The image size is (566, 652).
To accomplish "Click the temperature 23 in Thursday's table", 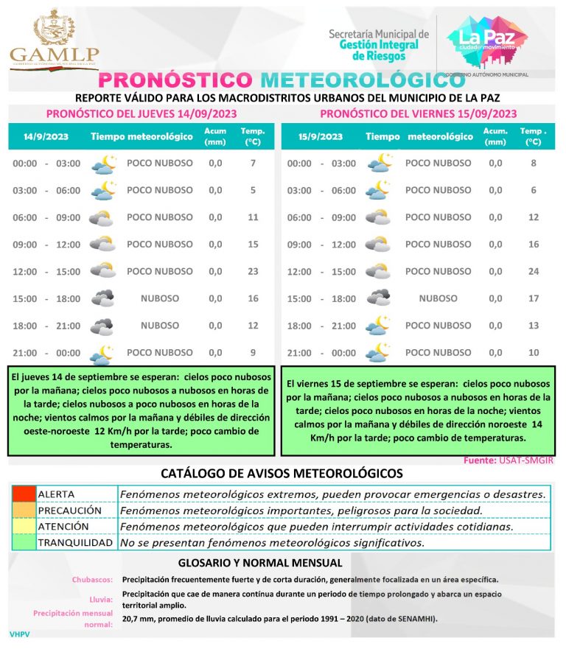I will point(253,271).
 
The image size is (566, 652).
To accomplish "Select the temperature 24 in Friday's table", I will point(534,271).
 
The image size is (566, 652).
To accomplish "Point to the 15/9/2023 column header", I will point(321,136).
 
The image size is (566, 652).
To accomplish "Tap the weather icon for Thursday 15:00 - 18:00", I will point(102,298).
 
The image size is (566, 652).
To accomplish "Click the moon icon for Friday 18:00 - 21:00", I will point(378,325).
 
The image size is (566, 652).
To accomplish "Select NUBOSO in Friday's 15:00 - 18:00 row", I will point(438,298).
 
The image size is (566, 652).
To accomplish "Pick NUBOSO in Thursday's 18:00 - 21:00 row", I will point(160,325).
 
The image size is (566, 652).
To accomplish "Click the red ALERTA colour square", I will point(23,494).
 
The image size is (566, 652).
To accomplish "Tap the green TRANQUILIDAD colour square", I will point(23,543).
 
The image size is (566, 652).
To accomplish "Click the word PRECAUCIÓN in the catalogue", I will point(69,510).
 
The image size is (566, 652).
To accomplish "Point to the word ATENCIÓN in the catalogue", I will point(63,527).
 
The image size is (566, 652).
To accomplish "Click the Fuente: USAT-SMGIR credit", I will point(509,460).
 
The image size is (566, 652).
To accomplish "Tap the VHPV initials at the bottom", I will point(19,634).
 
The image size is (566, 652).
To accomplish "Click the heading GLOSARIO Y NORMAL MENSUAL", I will point(282,563).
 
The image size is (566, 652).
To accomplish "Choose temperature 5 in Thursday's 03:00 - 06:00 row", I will point(253,190).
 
